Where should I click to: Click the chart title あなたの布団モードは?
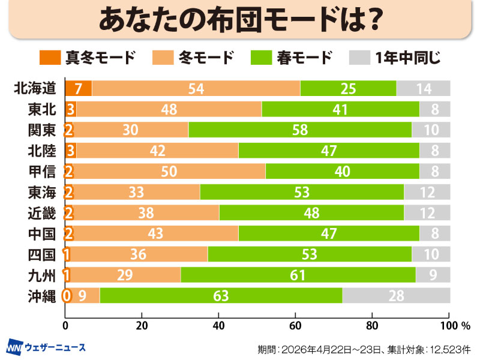pyautogui.click(x=240, y=20)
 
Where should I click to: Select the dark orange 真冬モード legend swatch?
pyautogui.click(x=50, y=58)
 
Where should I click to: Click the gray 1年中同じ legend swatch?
pyautogui.click(x=358, y=58)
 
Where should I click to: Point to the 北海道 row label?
pyautogui.click(x=35, y=89)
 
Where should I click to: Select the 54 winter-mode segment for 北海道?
pyautogui.click(x=196, y=89)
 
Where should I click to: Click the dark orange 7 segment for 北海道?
pyautogui.click(x=78, y=89)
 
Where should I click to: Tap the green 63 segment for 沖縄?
pyautogui.click(x=221, y=295)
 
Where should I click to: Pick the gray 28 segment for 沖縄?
pyautogui.click(x=396, y=295)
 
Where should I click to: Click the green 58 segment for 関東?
pyautogui.click(x=300, y=130)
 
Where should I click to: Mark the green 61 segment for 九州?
pyautogui.click(x=298, y=275)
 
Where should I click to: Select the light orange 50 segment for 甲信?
pyautogui.click(x=169, y=171)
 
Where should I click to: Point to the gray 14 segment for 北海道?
pyautogui.click(x=423, y=89)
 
